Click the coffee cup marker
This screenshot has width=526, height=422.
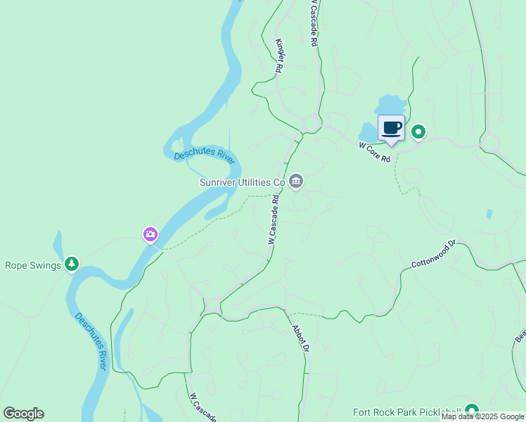coord(392,128)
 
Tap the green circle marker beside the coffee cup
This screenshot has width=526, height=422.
coord(418,132)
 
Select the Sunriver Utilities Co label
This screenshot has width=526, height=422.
coord(242,182)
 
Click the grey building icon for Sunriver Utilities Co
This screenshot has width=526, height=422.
coord(296,181)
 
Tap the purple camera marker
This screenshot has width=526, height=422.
coord(150,234)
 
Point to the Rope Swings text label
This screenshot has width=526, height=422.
coord(32,265)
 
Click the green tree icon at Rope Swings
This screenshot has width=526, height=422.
coord(71,264)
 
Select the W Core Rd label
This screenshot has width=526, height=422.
coord(374,152)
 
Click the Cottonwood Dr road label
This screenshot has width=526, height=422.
coord(434,254)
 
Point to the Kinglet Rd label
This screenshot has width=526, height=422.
coord(279,56)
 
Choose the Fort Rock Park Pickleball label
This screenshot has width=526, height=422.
coord(407,412)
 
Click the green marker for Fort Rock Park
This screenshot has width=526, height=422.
coord(471,410)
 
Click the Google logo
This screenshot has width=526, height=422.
coord(23,414)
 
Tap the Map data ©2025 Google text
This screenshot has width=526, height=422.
coord(482,417)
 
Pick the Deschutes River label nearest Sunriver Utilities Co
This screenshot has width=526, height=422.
coord(204,154)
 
